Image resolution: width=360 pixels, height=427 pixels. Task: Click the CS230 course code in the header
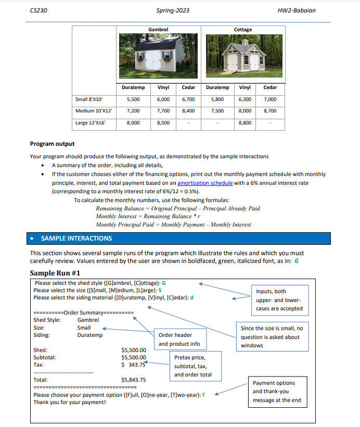point(38,10)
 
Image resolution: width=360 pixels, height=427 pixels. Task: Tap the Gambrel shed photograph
point(158,55)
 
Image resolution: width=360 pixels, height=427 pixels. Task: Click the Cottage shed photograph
point(243,55)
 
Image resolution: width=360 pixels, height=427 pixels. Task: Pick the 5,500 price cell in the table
point(133,99)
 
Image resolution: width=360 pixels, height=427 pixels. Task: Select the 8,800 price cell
point(245,123)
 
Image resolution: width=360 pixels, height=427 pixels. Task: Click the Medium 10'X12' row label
point(94,111)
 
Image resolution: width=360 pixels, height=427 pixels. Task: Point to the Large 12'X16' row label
point(91,123)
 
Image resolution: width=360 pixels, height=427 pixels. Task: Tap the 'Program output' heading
point(52,144)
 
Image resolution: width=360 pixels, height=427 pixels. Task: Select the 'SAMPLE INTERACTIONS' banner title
point(76,238)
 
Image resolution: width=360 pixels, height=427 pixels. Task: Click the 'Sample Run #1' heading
point(55,273)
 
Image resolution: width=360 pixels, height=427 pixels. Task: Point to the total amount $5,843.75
point(133,380)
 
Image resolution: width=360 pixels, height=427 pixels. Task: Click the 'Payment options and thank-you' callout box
point(277,392)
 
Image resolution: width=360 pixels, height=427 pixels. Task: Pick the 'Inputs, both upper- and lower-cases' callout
point(278,300)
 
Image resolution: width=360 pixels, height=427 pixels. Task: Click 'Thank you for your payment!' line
point(69,403)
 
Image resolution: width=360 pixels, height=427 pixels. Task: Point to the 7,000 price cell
point(270,99)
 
